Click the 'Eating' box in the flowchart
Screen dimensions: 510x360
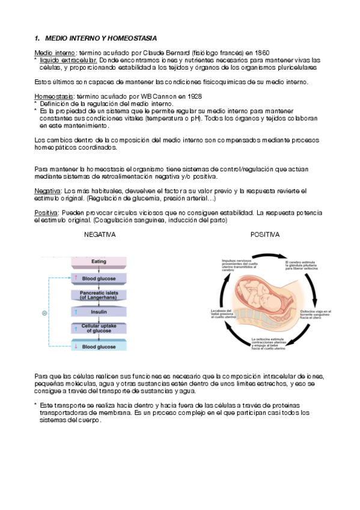point(99,262)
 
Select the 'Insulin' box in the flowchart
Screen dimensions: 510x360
point(99,312)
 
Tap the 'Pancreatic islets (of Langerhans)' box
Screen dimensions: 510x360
point(99,295)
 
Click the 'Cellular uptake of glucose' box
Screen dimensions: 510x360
point(99,329)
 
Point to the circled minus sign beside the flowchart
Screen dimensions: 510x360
point(44,313)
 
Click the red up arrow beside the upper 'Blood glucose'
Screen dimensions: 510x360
point(76,278)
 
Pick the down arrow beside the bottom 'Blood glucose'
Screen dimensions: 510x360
point(76,347)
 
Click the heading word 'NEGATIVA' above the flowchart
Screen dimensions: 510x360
point(100,235)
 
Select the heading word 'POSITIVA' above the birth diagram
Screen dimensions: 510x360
point(265,235)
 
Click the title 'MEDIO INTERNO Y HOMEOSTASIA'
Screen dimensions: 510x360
point(96,37)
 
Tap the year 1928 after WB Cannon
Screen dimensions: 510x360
point(193,96)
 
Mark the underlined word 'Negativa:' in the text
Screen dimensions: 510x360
point(48,191)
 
